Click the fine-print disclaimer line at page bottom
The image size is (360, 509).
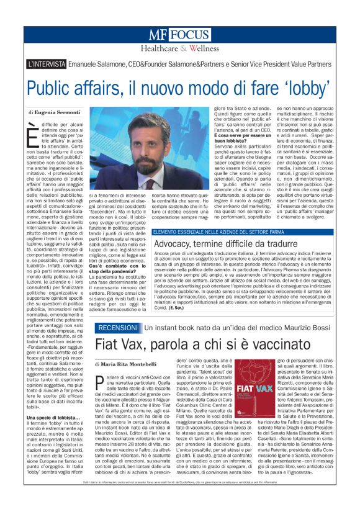click(x=179, y=499)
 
